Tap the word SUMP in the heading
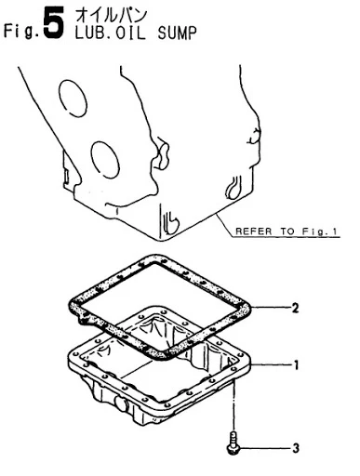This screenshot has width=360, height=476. (177, 33)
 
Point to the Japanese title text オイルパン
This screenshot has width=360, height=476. (112, 16)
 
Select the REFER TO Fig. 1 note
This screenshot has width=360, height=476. (287, 231)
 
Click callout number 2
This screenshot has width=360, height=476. (295, 308)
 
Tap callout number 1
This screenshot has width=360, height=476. (296, 365)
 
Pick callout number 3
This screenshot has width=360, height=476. (296, 448)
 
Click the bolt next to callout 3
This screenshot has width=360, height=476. (233, 443)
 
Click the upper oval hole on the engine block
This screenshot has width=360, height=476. (73, 99)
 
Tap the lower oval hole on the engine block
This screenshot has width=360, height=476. (105, 160)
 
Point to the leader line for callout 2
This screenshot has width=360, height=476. (271, 308)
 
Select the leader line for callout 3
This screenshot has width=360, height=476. (264, 448)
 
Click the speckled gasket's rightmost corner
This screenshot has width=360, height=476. (249, 308)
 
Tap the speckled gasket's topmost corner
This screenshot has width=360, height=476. (153, 258)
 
